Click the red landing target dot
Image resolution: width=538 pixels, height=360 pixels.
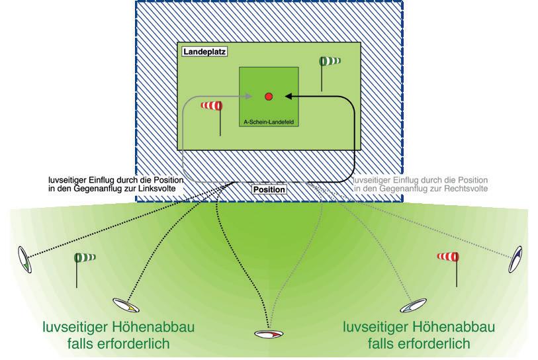coord(269,97)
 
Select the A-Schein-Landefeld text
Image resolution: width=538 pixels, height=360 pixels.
coord(268,122)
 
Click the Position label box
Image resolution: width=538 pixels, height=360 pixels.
coord(269,190)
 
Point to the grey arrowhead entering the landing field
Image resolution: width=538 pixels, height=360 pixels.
coord(248,97)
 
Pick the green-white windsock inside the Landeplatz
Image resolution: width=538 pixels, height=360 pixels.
coord(330,62)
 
